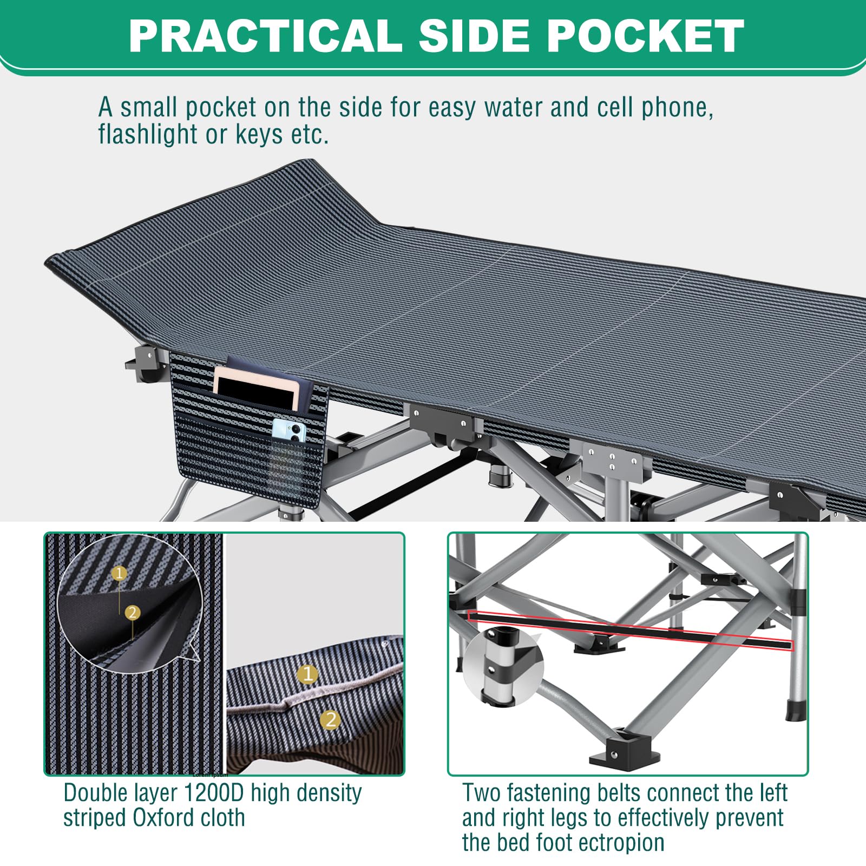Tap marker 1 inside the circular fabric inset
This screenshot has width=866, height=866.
(x=120, y=573)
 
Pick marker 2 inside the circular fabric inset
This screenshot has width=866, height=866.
(x=132, y=613)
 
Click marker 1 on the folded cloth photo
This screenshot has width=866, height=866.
(x=308, y=674)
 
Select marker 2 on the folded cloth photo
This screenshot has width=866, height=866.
(x=330, y=719)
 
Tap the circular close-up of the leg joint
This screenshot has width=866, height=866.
(x=503, y=669)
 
